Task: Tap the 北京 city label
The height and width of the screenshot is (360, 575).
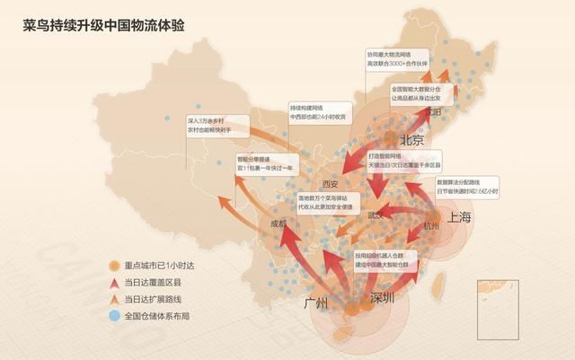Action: click(412, 139)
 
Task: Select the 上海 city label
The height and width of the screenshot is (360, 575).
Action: click(459, 217)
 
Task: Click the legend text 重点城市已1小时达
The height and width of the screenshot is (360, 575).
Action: click(159, 267)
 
